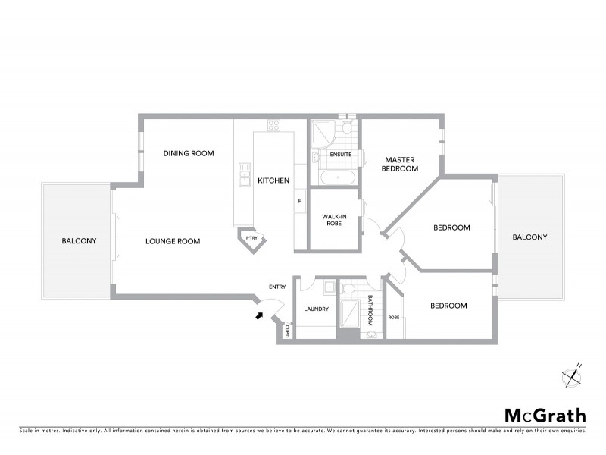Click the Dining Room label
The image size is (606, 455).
tap(189, 153)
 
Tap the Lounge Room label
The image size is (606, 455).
tap(173, 241)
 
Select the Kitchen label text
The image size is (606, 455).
tap(273, 180)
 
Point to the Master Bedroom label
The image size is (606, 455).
tap(401, 164)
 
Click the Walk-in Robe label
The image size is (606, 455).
tap(333, 220)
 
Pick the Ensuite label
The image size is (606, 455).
tap(340, 155)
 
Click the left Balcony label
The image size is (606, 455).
tap(79, 241)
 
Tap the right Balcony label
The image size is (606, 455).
tap(529, 237)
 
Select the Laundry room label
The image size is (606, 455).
tap(315, 309)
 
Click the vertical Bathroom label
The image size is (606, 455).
tap(370, 310)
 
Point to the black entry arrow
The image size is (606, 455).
tap(260, 315)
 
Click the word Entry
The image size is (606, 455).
tap(277, 287)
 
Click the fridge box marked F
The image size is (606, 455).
tap(300, 201)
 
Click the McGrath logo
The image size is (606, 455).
tap(545, 415)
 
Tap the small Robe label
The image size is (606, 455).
tap(393, 317)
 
